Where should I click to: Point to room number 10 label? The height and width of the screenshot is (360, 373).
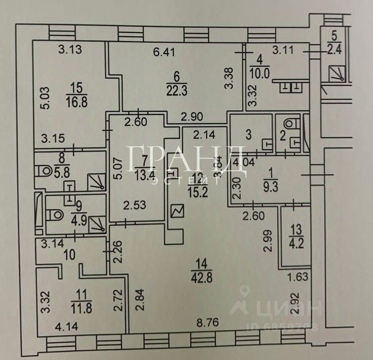coord(70,254)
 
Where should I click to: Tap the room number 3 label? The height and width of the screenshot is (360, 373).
coord(249,133)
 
